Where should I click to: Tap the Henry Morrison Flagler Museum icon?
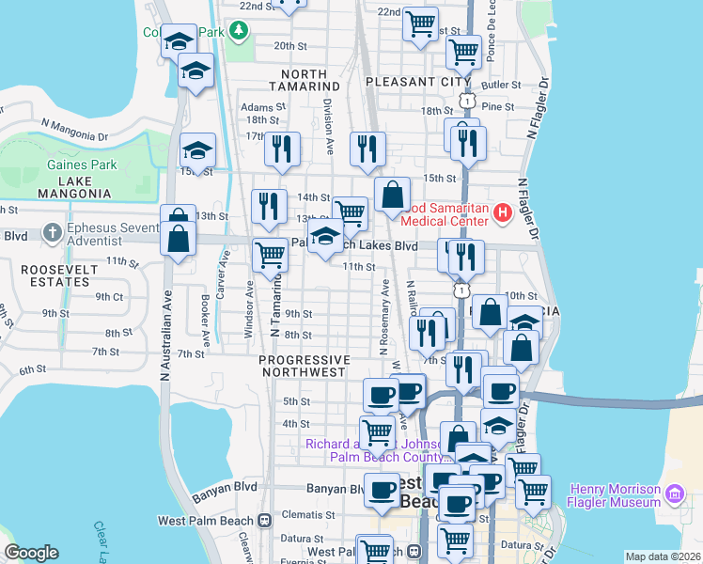click(x=674, y=493)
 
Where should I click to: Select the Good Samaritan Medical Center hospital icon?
click(x=502, y=213)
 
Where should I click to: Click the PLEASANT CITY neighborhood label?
click(x=417, y=82)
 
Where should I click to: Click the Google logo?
click(x=31, y=553)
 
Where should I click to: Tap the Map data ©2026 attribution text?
click(x=663, y=556)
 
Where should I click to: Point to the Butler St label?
click(x=500, y=85)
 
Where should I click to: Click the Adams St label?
click(x=256, y=107)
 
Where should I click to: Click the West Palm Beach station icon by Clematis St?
click(x=266, y=520)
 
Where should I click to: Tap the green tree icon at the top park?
click(x=240, y=31)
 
